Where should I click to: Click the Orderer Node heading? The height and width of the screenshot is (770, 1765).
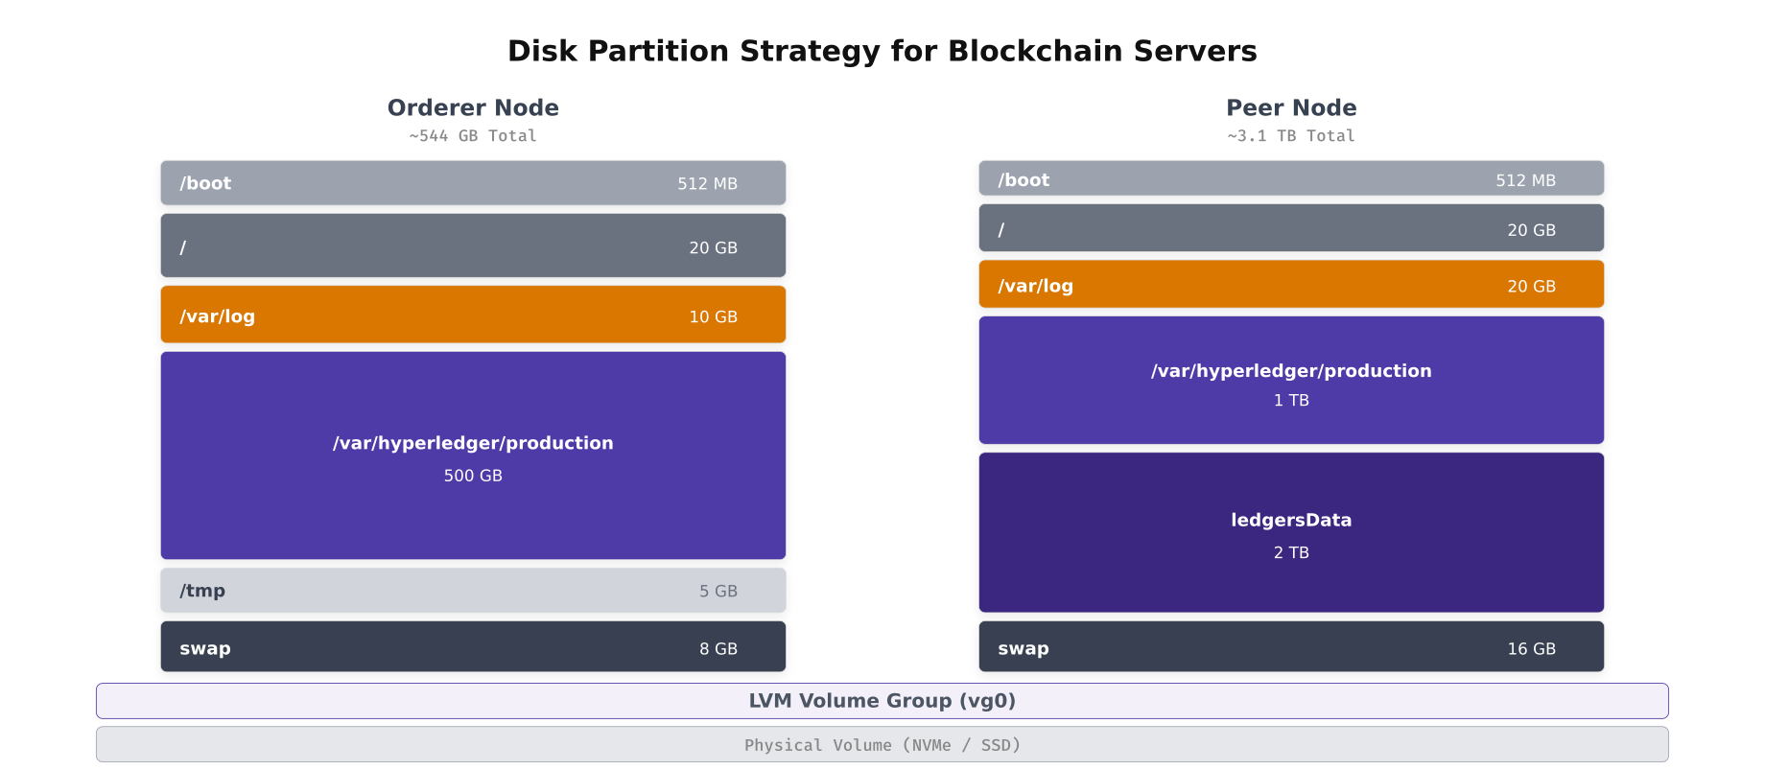click(x=473, y=107)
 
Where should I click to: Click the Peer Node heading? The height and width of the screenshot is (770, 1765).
click(x=1291, y=107)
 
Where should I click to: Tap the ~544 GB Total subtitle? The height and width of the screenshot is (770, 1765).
click(x=473, y=136)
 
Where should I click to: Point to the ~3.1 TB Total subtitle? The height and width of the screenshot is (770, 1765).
click(x=1291, y=136)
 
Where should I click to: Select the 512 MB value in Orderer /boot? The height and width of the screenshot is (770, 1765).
click(x=707, y=183)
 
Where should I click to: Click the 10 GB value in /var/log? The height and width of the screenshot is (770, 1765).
click(x=713, y=316)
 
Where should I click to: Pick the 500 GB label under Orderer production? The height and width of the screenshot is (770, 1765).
click(x=473, y=476)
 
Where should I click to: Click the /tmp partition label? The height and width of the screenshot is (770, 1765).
click(x=202, y=591)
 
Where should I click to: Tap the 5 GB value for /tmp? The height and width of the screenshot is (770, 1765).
click(x=718, y=591)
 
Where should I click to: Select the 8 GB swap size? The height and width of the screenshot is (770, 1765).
click(x=718, y=648)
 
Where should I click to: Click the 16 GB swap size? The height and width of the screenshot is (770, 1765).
click(x=1531, y=648)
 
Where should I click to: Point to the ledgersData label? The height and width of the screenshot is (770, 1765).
click(x=1291, y=520)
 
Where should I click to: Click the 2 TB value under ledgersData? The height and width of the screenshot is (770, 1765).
click(x=1291, y=552)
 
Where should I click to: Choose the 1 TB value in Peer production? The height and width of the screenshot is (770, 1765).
click(x=1291, y=400)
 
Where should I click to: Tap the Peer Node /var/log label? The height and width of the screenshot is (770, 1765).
click(x=1035, y=286)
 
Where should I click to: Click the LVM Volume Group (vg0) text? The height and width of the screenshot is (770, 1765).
click(x=882, y=701)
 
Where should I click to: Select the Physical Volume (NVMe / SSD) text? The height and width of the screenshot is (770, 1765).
click(x=882, y=745)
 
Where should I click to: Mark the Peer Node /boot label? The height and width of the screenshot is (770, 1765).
click(x=1024, y=179)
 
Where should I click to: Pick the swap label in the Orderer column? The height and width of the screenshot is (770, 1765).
click(x=205, y=648)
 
